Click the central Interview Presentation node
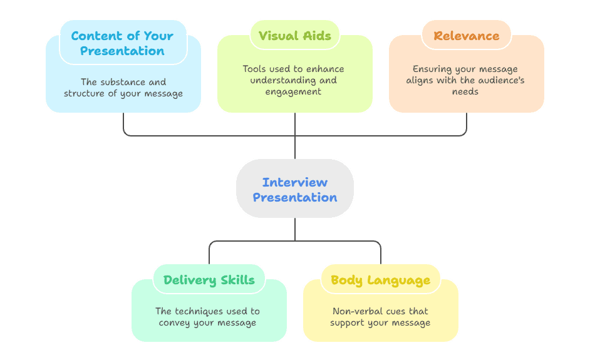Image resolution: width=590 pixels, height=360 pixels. (x=295, y=189)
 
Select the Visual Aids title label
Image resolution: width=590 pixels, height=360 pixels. (x=294, y=35)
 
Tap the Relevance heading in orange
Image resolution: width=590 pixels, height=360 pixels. (x=466, y=35)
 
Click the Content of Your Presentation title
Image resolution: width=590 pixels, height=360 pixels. (x=123, y=43)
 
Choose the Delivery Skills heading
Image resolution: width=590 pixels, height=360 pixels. (x=209, y=280)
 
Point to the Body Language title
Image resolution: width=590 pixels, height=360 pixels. (x=380, y=280)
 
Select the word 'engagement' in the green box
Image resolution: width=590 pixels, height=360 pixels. (x=295, y=91)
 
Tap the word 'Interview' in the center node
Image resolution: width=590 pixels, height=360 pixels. (x=295, y=182)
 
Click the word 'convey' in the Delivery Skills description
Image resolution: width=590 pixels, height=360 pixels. (x=175, y=323)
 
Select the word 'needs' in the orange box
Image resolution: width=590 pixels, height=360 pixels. (x=465, y=91)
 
